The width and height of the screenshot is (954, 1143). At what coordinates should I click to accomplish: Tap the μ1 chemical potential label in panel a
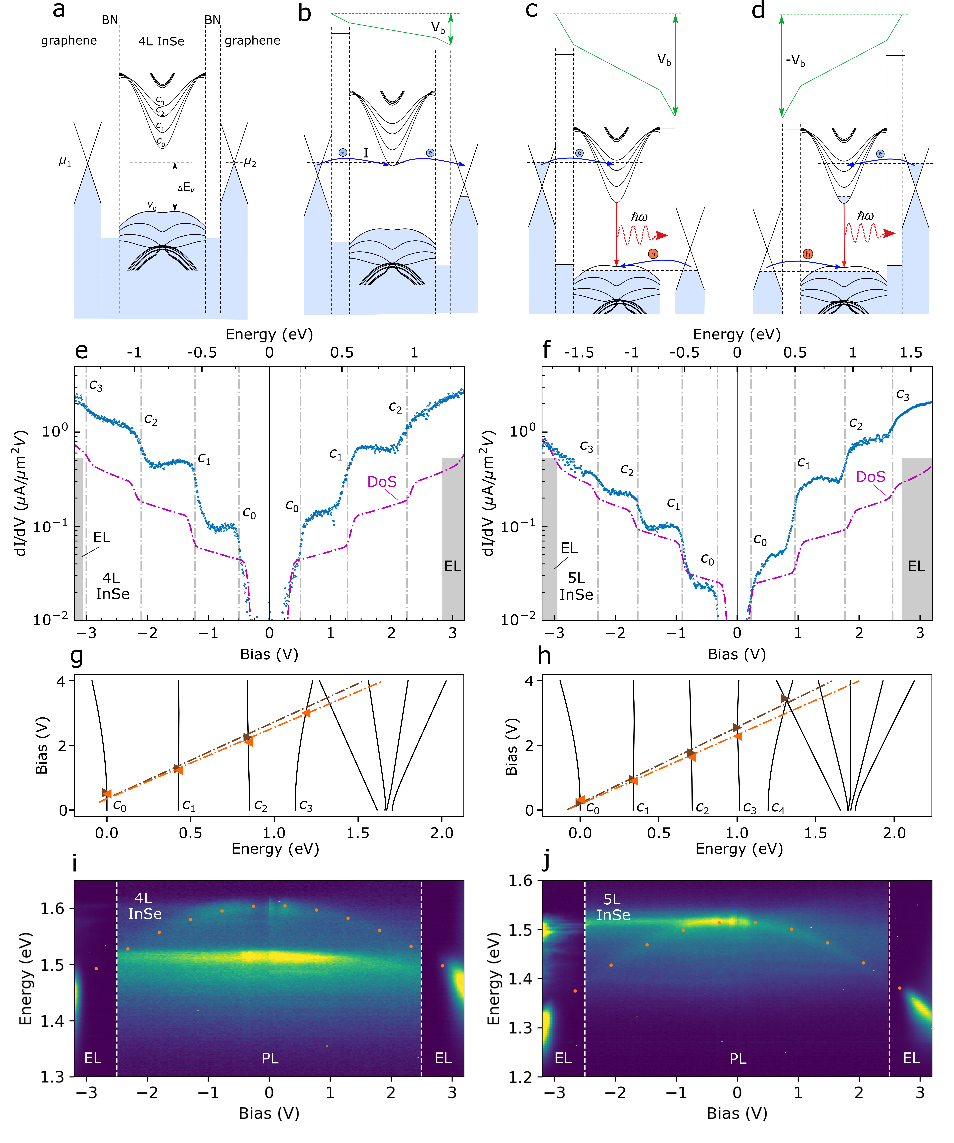pos(65,162)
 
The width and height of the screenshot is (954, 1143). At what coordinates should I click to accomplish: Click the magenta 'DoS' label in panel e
pos(382,482)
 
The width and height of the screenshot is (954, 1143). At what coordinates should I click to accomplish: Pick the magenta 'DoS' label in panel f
pos(870,477)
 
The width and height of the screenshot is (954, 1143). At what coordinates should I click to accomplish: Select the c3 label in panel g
pos(306,806)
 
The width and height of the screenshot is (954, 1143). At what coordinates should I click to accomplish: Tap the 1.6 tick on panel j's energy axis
pos(521,881)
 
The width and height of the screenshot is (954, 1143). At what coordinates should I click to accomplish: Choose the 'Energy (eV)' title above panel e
pos(269,334)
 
